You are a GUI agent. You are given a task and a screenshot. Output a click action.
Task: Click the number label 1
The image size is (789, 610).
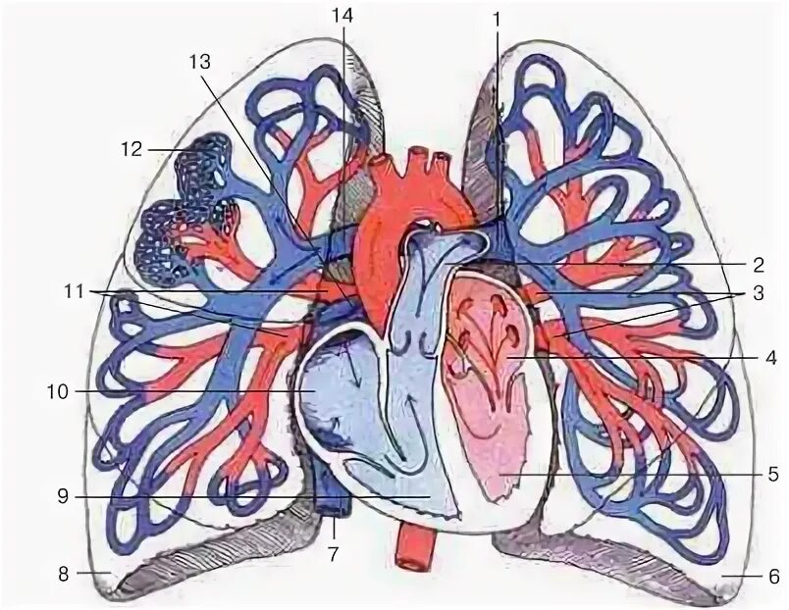click(497, 18)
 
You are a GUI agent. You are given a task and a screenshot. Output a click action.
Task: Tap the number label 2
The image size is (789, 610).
click(758, 264)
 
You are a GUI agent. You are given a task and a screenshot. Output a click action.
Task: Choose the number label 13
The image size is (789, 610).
click(200, 61)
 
